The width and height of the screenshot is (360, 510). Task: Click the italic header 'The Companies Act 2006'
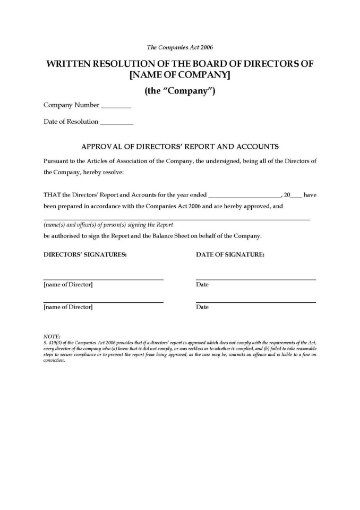point(180,46)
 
